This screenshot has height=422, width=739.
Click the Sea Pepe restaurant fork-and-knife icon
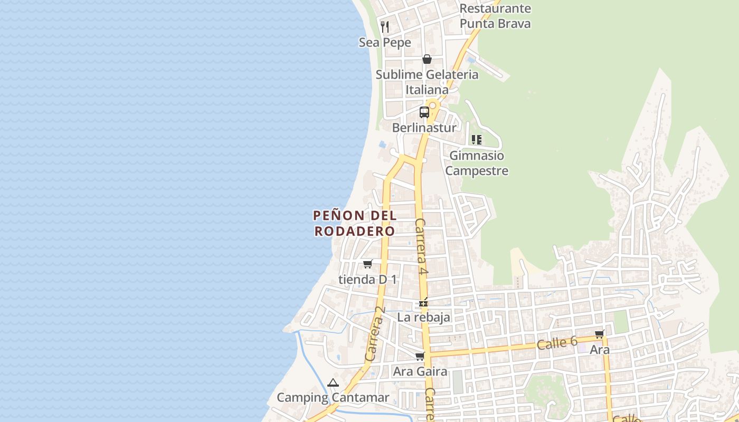pos(385,26)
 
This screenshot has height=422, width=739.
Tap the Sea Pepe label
pos(385,42)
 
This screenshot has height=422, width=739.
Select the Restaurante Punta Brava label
pos(495,16)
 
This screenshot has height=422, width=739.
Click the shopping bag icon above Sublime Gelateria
pos(427,59)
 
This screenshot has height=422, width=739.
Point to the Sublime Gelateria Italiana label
pos(427,82)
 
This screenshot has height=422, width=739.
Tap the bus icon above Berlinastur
pos(424,112)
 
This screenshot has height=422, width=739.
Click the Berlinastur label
pos(424,128)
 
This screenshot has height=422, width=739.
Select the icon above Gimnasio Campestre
pos(477,140)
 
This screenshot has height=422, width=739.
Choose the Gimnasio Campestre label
pos(477,163)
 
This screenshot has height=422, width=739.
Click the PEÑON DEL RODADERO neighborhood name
pos(355,223)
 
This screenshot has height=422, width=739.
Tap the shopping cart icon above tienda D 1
pos(367,264)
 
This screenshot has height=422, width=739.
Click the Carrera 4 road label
pos(421,247)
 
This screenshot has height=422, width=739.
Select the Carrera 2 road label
pos(375,334)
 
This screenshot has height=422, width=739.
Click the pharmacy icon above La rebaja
pos(423,303)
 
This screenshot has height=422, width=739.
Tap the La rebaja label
pos(424,317)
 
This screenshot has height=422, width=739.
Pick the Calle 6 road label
pos(557,343)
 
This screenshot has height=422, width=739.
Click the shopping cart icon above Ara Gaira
pos(420,357)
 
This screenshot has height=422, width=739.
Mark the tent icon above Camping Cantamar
pos(333,382)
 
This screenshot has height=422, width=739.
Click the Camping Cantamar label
pos(333,398)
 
